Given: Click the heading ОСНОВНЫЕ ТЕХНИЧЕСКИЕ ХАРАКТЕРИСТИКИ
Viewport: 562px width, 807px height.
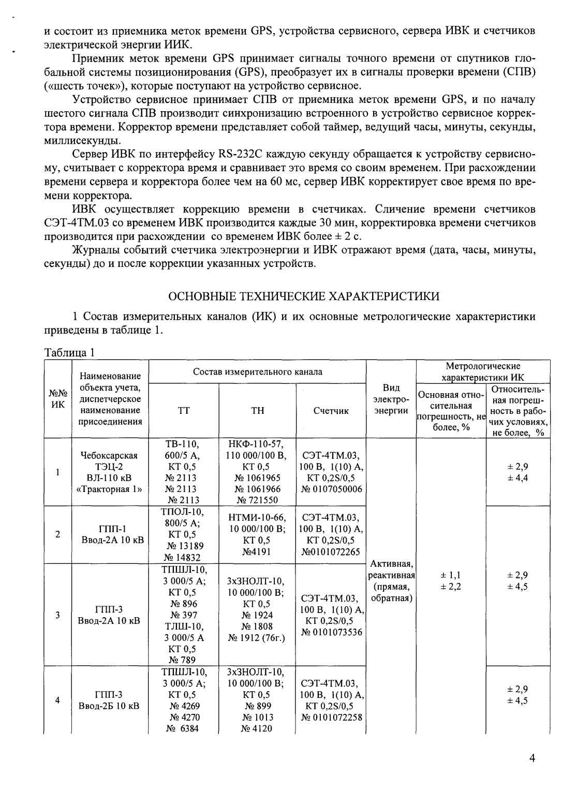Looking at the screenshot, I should (305, 296).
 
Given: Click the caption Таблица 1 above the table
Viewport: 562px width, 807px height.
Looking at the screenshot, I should (69, 353).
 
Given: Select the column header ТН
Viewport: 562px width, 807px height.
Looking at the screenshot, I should (257, 411).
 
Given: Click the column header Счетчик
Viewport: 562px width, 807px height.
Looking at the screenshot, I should (331, 411).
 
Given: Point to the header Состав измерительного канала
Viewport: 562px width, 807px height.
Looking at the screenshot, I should (257, 372).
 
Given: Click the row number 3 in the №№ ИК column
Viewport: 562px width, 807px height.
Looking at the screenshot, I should (57, 615).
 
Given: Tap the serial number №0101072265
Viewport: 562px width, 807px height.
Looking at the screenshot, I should (331, 551).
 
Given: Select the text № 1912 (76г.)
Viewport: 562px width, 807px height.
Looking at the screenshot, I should (257, 637).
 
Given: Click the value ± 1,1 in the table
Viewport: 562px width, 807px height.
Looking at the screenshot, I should (450, 575).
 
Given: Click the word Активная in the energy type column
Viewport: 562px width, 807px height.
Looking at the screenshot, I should (391, 563).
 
